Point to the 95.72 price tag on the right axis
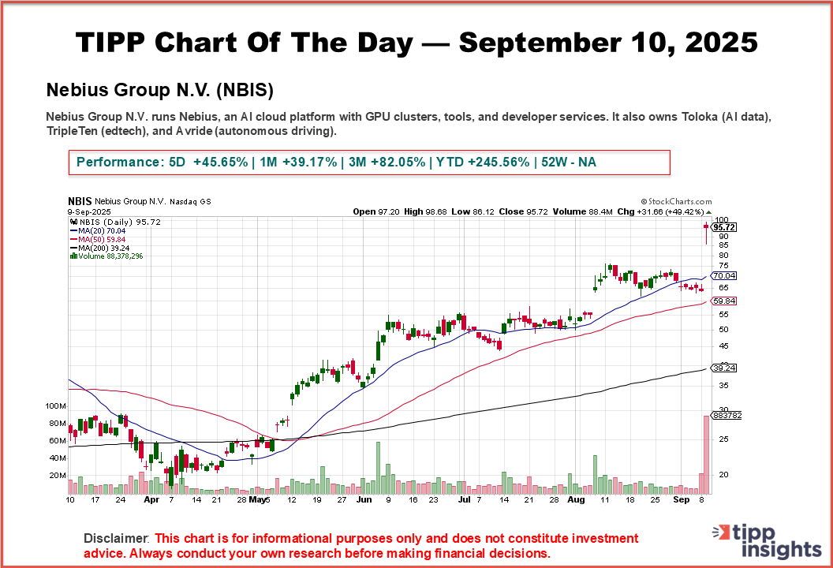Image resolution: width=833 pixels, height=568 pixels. coord(723,227)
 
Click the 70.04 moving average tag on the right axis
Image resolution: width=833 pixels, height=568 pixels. coord(723,276)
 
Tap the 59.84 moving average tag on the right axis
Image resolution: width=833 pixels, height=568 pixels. coord(723,301)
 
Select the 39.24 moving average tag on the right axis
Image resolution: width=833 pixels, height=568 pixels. coord(723,368)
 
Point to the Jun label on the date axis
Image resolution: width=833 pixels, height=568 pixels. coord(364,499)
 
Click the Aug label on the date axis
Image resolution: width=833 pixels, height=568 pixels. coord(577,499)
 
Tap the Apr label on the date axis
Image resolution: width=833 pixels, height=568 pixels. coord(152,499)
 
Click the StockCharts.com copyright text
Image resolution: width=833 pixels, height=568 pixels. coord(676,202)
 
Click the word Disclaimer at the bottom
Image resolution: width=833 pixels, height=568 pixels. coord(116,538)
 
